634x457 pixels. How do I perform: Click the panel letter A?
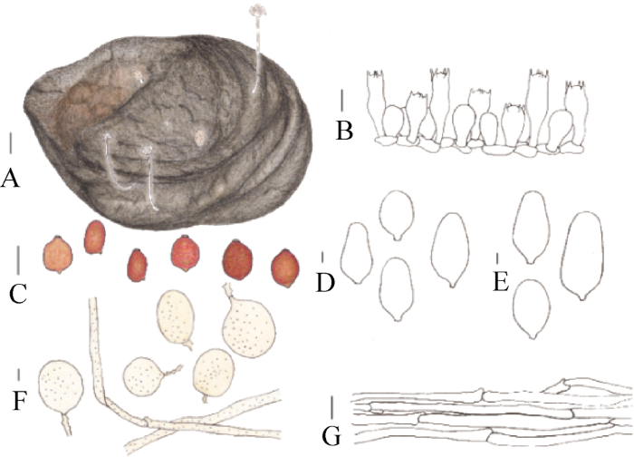(11, 178)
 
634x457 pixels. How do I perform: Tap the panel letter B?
(344, 131)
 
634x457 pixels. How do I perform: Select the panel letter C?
(18, 294)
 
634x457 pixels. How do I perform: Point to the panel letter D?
(325, 282)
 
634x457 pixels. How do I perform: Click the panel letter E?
(501, 282)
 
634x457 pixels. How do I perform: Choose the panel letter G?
(331, 437)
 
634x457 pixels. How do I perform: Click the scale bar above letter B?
(342, 101)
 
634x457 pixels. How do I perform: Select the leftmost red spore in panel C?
(58, 255)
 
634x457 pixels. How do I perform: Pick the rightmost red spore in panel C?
(285, 267)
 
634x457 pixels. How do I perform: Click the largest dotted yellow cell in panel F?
(249, 327)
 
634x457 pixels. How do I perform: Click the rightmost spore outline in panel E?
(582, 256)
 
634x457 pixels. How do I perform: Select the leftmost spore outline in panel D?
(357, 253)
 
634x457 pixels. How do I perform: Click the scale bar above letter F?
(19, 374)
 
